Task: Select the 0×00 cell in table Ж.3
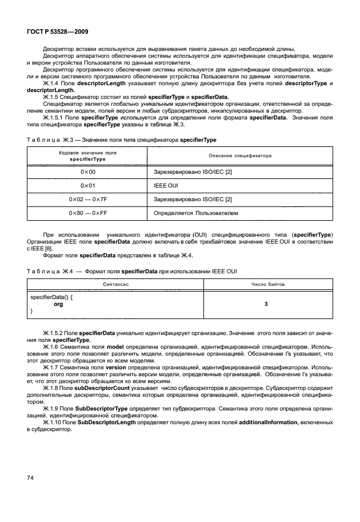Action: tap(87, 172)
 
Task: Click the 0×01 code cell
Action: tap(87, 186)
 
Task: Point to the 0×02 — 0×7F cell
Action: tap(87, 200)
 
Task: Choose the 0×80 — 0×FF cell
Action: tap(87, 213)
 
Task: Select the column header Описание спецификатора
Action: tap(240, 156)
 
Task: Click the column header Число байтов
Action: tap(267, 284)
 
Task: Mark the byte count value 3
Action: tap(266, 304)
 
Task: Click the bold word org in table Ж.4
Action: tap(58, 304)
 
